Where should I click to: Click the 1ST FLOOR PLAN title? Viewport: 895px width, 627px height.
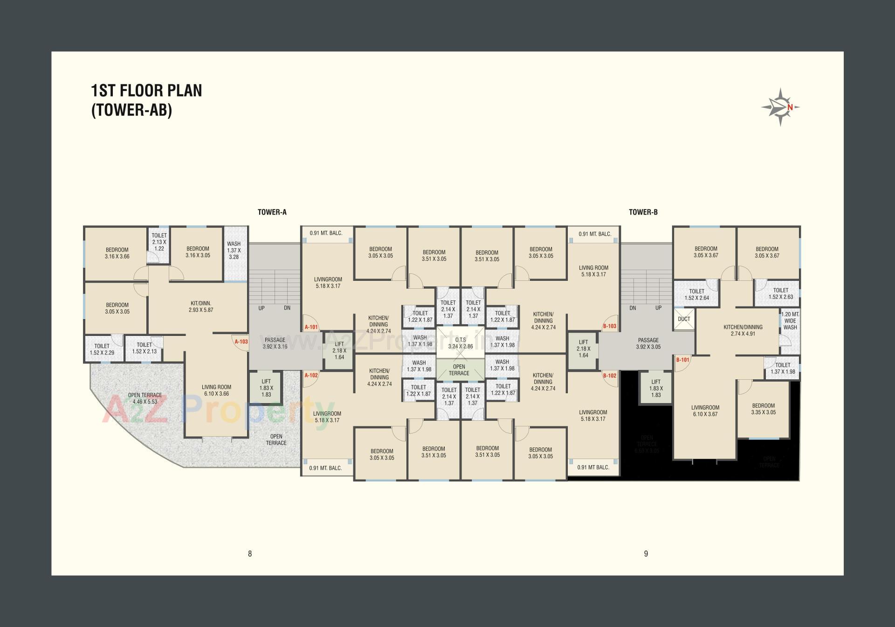pos(146,91)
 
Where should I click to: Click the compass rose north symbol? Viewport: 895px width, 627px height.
pos(781,107)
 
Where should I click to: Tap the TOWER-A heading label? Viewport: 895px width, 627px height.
pos(272,212)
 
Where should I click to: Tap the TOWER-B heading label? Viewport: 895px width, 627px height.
pos(643,212)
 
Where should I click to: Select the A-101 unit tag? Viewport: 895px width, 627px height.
pos(311,327)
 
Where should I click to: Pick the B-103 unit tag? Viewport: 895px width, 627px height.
pos(609,326)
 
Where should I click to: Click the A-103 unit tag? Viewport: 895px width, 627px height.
pos(241,341)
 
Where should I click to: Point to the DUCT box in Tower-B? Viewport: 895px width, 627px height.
pos(684,320)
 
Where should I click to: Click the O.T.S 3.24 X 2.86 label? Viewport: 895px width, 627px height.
pos(460,343)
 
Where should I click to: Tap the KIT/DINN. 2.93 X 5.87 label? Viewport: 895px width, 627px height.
pos(200,307)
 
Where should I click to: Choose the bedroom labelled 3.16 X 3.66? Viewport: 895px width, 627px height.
pos(117,253)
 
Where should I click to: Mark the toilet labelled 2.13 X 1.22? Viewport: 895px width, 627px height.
pos(159,242)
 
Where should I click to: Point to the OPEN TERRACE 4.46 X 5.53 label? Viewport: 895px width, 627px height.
pos(145,398)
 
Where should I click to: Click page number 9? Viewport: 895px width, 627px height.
pos(646,554)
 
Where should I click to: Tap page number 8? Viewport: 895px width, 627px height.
pos(250,554)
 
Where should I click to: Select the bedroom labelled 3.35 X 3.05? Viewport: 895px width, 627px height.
pos(763,409)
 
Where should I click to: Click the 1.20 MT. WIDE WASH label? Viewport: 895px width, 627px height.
pos(790,321)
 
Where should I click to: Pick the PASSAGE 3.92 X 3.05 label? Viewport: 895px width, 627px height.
pos(648,343)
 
